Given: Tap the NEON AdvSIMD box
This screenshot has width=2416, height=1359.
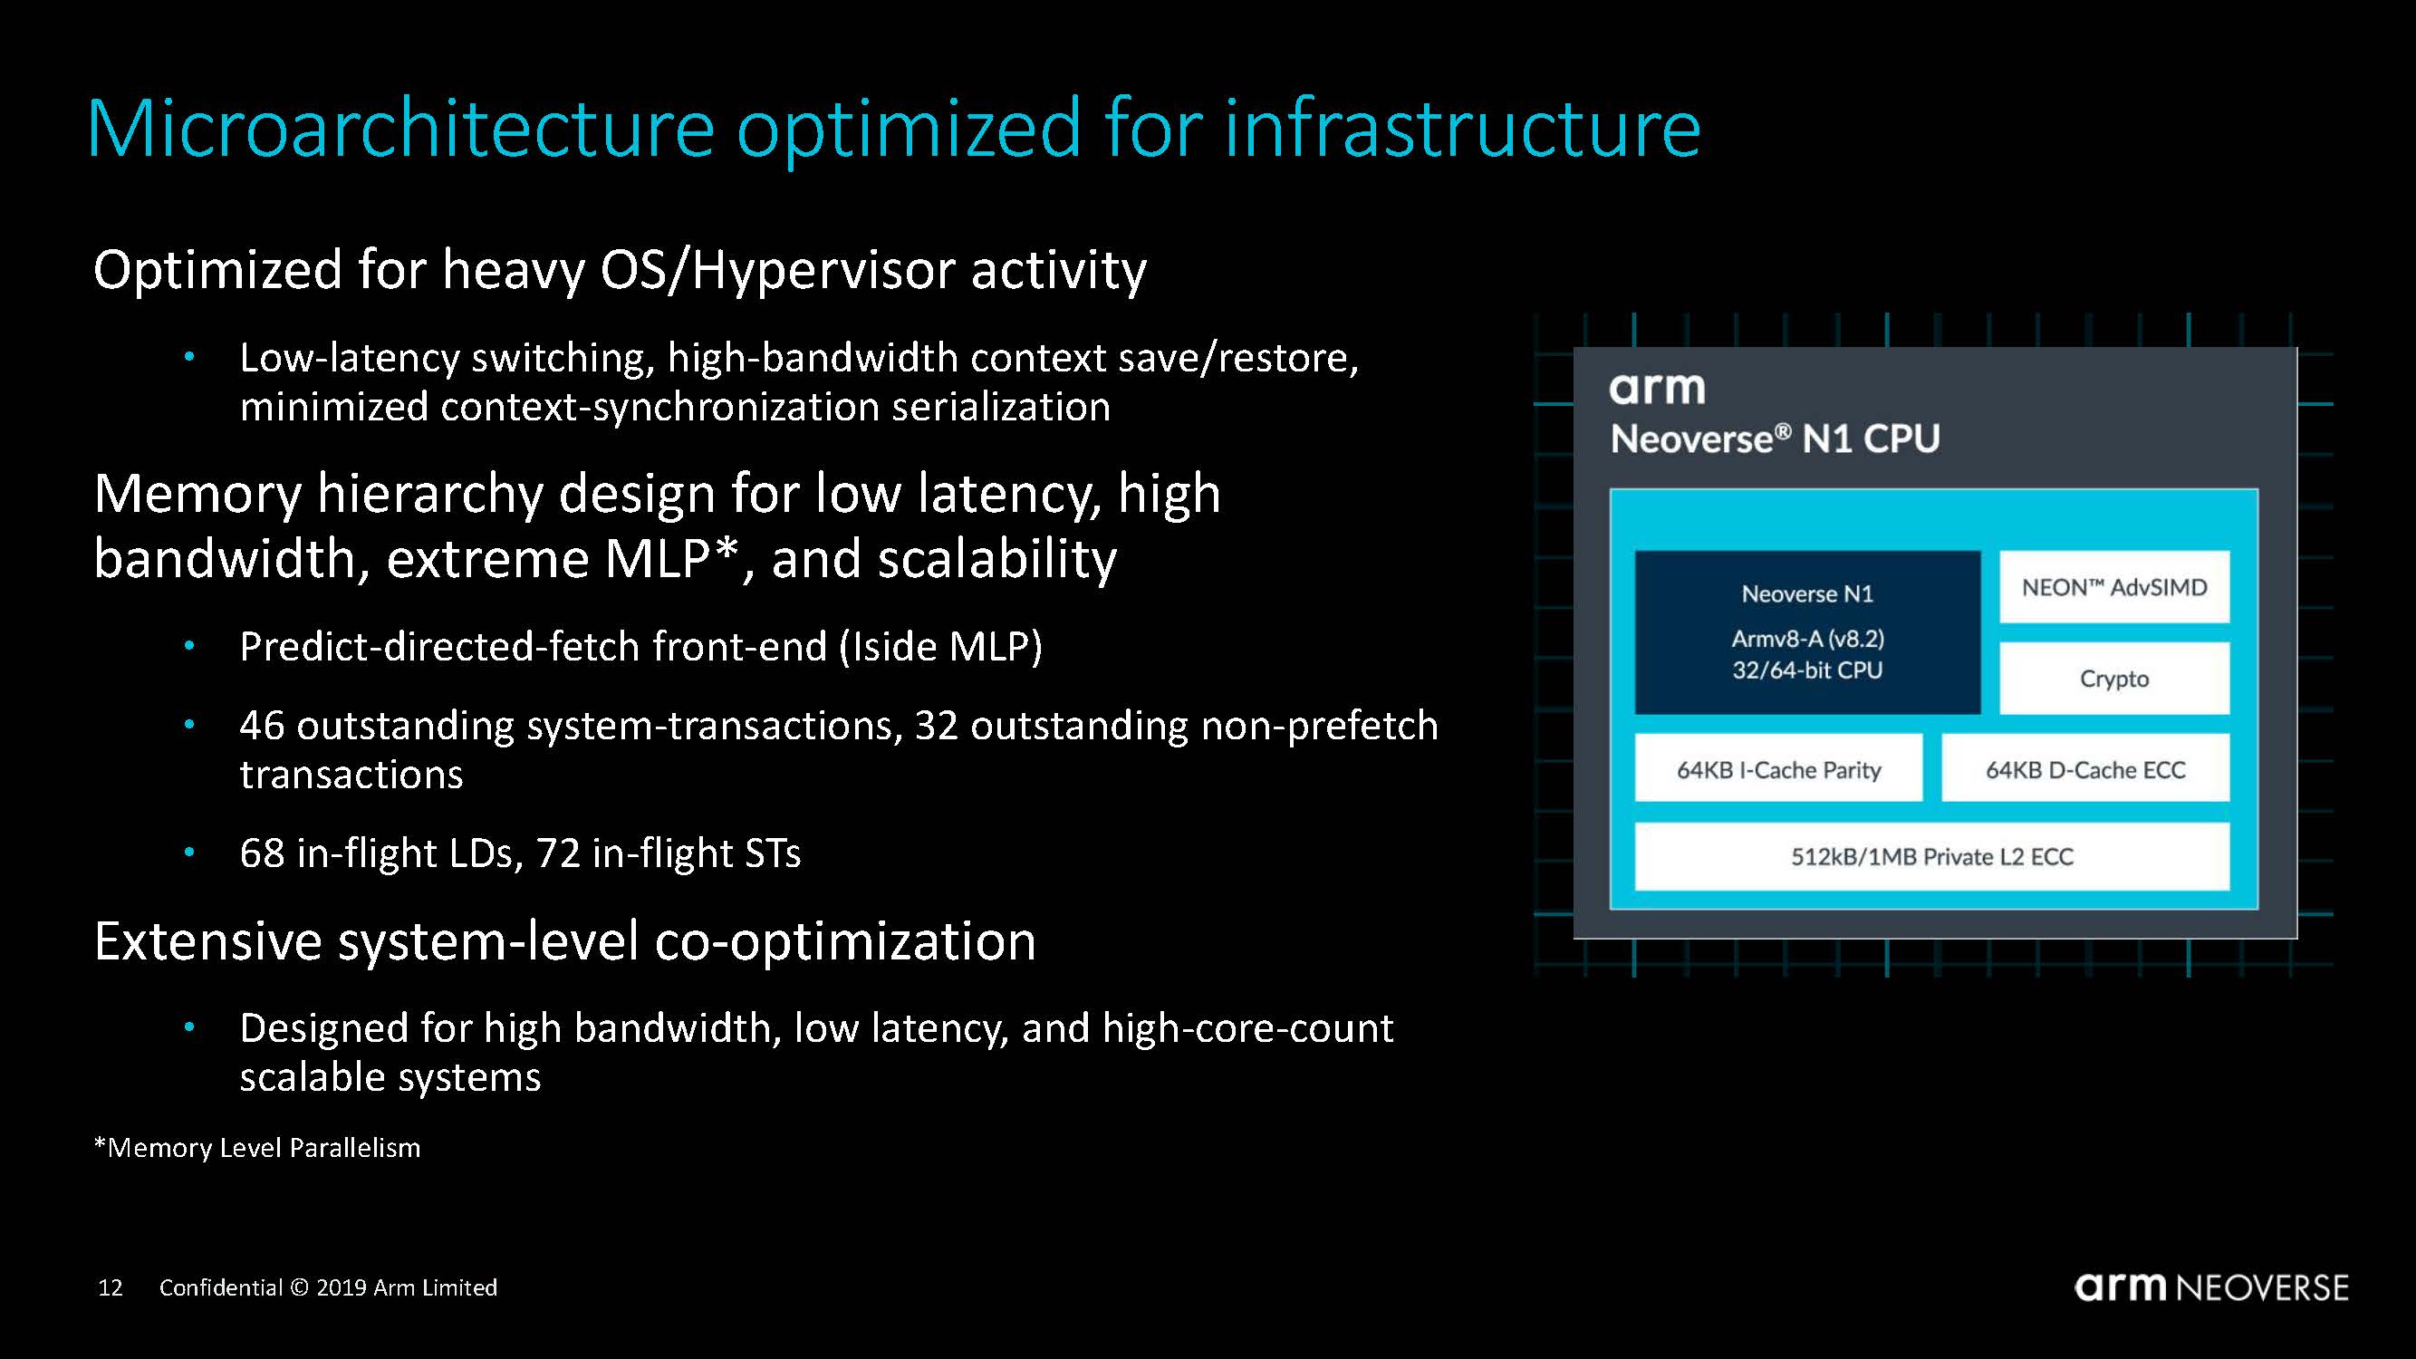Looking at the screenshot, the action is [x=2114, y=587].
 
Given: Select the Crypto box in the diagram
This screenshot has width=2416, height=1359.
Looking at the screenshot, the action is [x=2114, y=678].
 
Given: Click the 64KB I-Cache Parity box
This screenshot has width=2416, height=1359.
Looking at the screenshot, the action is [x=1778, y=769].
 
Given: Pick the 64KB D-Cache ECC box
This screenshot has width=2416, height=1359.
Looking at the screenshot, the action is [x=2085, y=769].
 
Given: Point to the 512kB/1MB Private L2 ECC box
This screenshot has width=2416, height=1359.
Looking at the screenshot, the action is [x=1932, y=856].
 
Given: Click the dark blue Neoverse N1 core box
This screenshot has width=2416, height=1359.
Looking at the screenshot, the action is [x=1807, y=632].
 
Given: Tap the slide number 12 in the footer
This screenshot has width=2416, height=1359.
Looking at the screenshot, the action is [x=111, y=1287].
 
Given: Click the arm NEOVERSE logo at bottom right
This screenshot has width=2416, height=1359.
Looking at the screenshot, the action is [x=2211, y=1287].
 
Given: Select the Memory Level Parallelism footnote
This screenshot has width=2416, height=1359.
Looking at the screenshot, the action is [x=257, y=1148].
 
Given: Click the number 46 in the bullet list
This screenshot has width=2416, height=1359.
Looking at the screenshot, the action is [x=262, y=725].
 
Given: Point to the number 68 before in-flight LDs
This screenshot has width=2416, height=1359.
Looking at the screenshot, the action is [x=262, y=853].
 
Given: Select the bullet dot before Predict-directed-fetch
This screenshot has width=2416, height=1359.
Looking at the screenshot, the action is [x=189, y=645].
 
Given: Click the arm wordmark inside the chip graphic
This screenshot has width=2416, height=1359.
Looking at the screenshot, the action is [x=1657, y=389].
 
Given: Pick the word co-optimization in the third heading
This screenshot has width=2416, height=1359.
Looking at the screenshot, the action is [x=845, y=941].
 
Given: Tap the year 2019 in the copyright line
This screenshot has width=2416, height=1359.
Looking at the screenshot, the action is [x=341, y=1287].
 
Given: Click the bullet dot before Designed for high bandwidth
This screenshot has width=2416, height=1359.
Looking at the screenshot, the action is [x=189, y=1027].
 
